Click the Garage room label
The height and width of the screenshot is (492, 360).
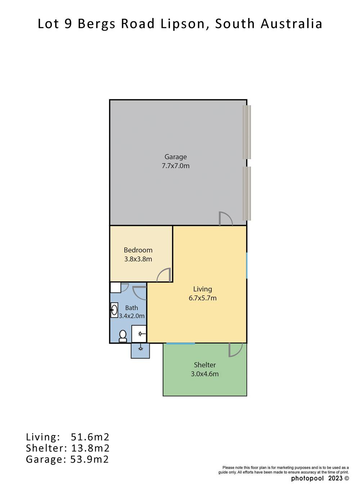pyautogui.click(x=176, y=157)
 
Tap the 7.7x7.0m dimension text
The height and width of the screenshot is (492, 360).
pyautogui.click(x=176, y=166)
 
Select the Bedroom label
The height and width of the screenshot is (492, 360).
pyautogui.click(x=138, y=250)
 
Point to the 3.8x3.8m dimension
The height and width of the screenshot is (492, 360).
pyautogui.click(x=138, y=259)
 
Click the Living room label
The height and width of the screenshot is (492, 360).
pyautogui.click(x=202, y=289)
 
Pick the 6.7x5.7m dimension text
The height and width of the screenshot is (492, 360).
pyautogui.click(x=202, y=298)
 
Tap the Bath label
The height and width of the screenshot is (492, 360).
pyautogui.click(x=131, y=308)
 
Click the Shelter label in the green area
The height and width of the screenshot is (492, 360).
pyautogui.click(x=204, y=365)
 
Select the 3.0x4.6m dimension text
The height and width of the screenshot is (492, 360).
pyautogui.click(x=204, y=374)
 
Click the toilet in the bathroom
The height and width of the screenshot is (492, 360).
pyautogui.click(x=123, y=336)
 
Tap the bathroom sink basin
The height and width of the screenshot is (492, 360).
pyautogui.click(x=114, y=310)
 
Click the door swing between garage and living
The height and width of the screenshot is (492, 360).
pyautogui.click(x=226, y=219)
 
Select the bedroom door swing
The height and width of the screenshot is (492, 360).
pyautogui.click(x=164, y=275)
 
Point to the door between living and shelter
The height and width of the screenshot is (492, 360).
pyautogui.click(x=235, y=350)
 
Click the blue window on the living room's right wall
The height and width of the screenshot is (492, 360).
pyautogui.click(x=247, y=265)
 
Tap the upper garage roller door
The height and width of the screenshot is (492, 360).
pyautogui.click(x=247, y=132)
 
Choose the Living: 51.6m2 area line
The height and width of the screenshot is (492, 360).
pyautogui.click(x=67, y=437)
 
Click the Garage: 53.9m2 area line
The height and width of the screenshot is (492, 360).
pyautogui.click(x=67, y=459)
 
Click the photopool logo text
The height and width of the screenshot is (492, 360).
pyautogui.click(x=307, y=478)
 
